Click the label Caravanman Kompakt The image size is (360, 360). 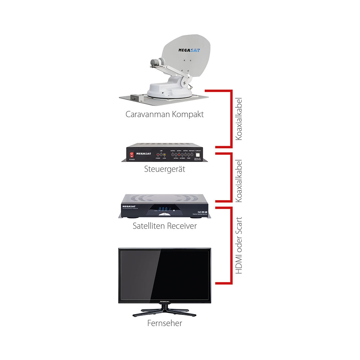point(165,115)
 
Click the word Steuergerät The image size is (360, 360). point(165,169)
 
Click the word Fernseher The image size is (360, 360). point(165,323)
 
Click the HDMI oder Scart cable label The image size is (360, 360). point(239,246)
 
